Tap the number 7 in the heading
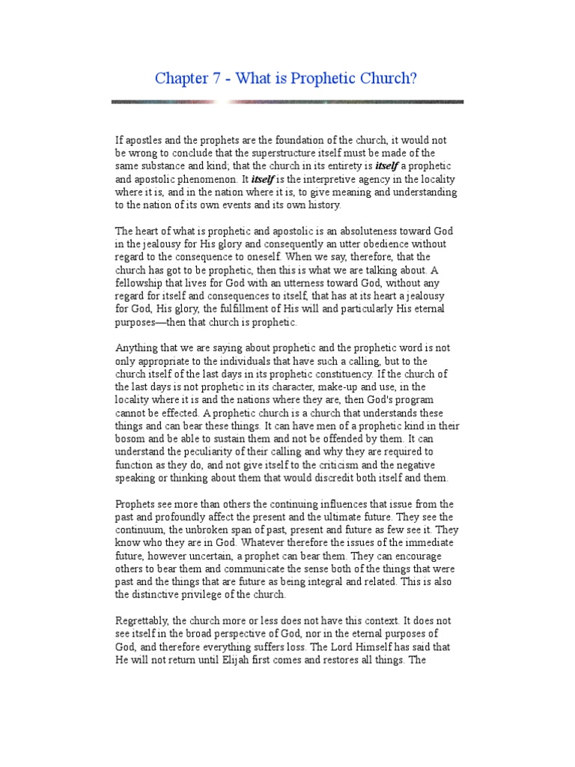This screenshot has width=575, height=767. tap(216, 79)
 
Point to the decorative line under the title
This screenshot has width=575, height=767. tap(287, 101)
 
